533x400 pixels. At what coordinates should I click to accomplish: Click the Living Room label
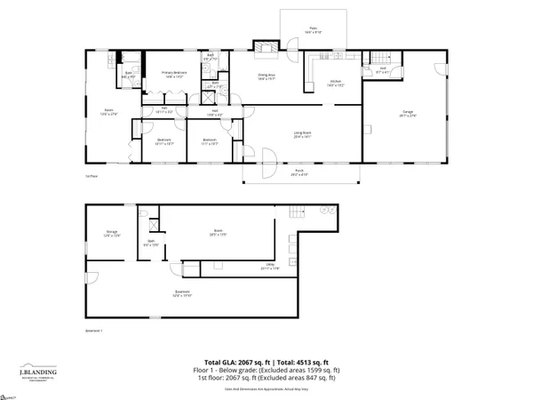[303, 135]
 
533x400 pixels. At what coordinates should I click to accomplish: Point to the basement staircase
[299, 212]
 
